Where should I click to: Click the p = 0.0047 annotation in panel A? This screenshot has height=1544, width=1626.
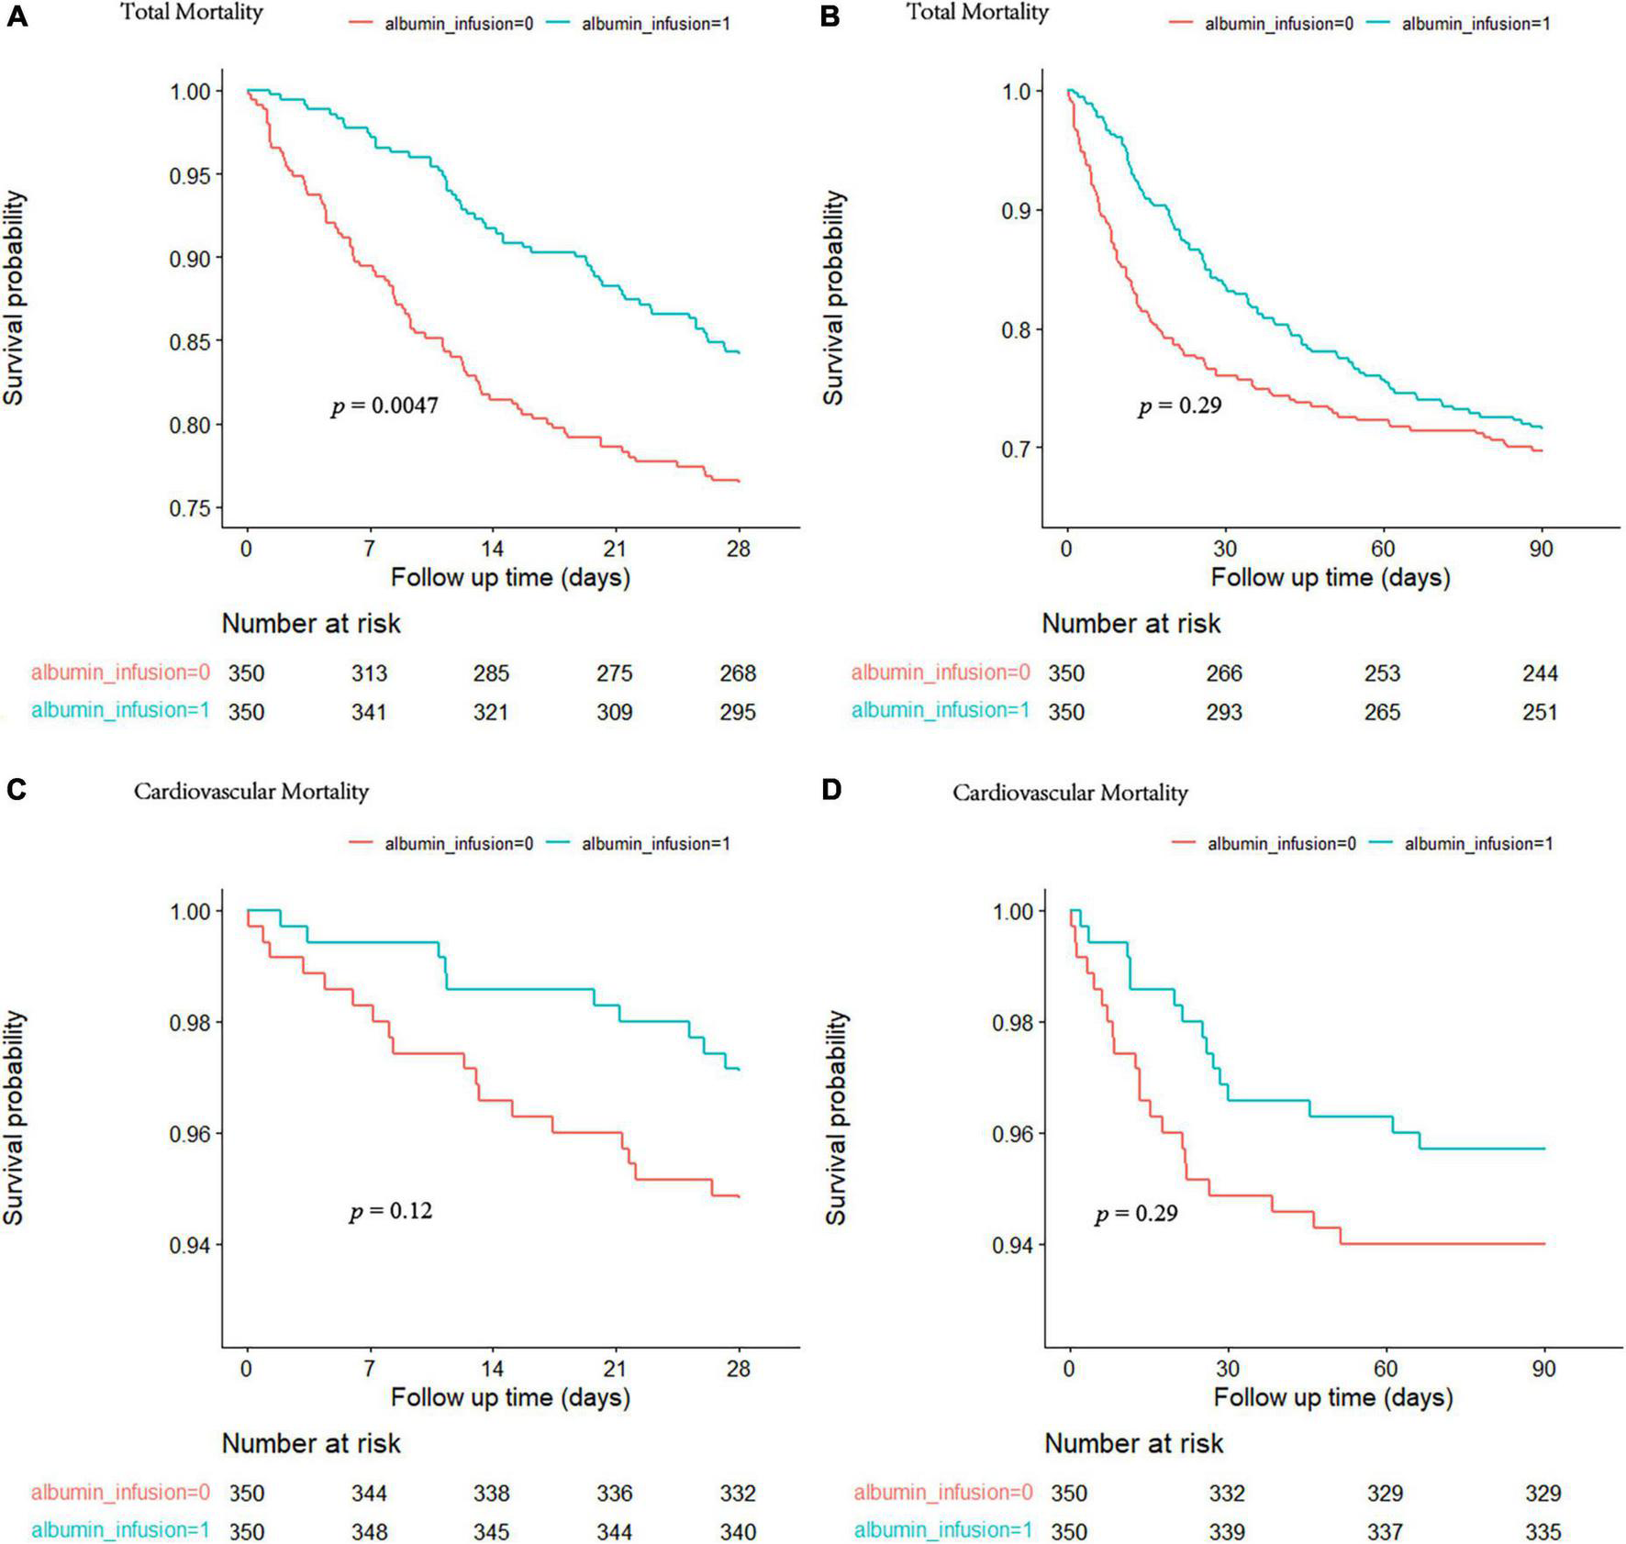pyautogui.click(x=384, y=405)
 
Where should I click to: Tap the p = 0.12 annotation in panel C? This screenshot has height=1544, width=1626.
pyautogui.click(x=390, y=1211)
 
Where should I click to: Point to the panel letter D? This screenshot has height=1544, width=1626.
pyautogui.click(x=830, y=790)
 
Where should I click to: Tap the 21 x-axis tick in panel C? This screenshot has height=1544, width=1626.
pyautogui.click(x=614, y=1369)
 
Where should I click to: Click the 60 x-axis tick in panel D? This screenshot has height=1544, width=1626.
pyautogui.click(x=1385, y=1369)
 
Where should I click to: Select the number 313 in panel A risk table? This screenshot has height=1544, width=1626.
pyautogui.click(x=369, y=673)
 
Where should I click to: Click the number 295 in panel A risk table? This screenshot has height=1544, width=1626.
pyautogui.click(x=738, y=712)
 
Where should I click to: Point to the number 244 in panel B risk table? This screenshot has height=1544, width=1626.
pyautogui.click(x=1540, y=673)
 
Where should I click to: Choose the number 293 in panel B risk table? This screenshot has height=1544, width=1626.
pyautogui.click(x=1224, y=712)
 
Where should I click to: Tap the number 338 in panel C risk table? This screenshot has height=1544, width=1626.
pyautogui.click(x=491, y=1494)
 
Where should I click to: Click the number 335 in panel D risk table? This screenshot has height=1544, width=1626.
pyautogui.click(x=1542, y=1532)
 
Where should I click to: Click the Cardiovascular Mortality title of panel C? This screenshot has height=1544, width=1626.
pyautogui.click(x=251, y=792)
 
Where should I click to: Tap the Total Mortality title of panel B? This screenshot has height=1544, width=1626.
pyautogui.click(x=977, y=12)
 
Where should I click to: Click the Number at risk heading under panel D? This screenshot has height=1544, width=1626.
pyautogui.click(x=1133, y=1443)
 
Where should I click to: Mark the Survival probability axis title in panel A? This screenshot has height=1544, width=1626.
pyautogui.click(x=14, y=298)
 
